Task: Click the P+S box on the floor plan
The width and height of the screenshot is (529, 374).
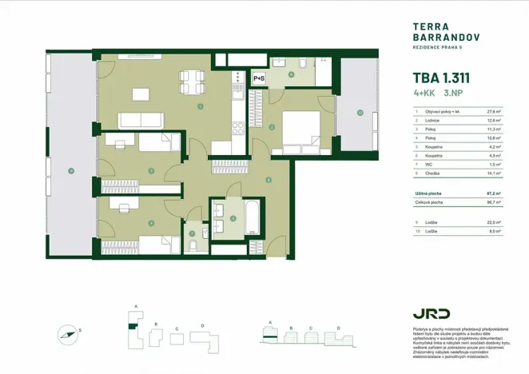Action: [259, 78]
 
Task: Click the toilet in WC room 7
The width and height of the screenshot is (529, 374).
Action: [193, 245]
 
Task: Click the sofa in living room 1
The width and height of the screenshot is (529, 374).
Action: [142, 121]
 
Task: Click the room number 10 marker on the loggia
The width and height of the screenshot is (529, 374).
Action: [360, 113]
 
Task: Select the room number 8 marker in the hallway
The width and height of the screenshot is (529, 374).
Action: [268, 179]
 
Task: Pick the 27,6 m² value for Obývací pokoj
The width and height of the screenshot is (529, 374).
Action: [494, 113]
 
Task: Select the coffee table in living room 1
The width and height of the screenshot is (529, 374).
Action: [141, 94]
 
